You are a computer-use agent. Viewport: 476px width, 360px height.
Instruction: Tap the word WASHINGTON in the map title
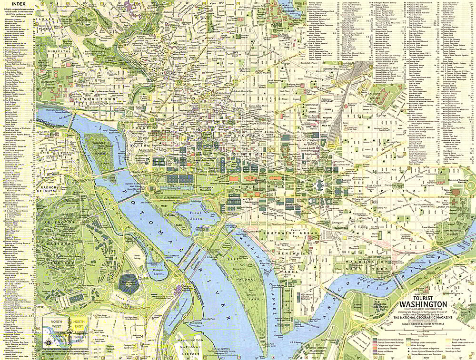(x=423, y=304)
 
